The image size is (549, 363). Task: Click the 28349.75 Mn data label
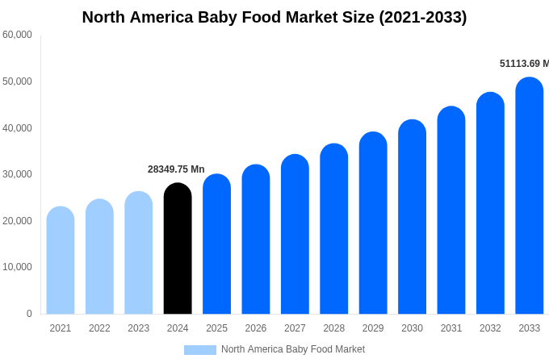tap(176, 169)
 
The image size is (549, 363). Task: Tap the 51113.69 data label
tap(523, 64)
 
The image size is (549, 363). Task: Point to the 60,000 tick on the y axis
tap(17, 35)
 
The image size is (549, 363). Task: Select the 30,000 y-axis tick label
tap(17, 174)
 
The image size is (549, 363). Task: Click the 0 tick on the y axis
tap(29, 314)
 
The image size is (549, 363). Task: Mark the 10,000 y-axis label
tap(17, 267)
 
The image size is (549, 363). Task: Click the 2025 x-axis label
tap(216, 328)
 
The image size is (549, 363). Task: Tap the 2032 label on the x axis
tap(490, 328)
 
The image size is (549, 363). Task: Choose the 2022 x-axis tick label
tap(99, 328)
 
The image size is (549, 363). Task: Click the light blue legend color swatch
tap(200, 350)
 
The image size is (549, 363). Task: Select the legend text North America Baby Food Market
tap(293, 349)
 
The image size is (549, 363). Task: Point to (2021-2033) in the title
tap(423, 17)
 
